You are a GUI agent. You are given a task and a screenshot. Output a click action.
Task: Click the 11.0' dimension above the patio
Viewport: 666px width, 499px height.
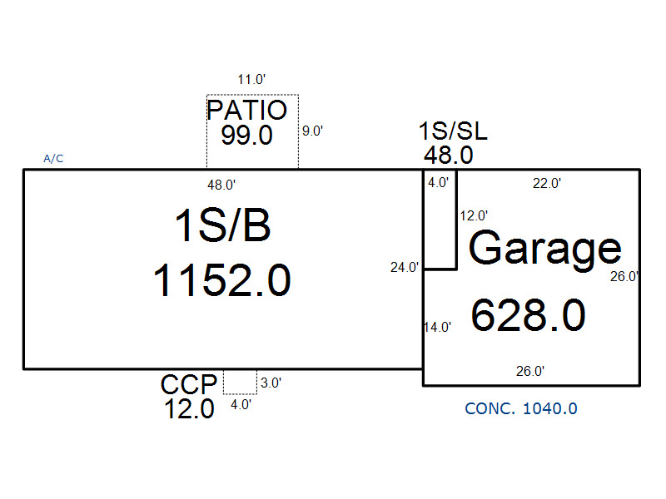tap(251, 79)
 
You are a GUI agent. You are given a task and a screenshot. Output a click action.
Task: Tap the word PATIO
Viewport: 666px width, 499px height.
tap(246, 111)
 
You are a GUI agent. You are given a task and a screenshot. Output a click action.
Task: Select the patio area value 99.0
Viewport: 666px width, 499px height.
tap(246, 136)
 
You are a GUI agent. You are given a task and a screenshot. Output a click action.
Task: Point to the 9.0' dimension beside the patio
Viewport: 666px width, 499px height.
tap(313, 131)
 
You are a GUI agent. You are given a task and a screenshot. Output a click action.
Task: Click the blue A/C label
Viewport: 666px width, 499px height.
tap(53, 159)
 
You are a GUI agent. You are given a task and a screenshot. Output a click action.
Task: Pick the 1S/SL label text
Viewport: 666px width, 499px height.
tap(453, 131)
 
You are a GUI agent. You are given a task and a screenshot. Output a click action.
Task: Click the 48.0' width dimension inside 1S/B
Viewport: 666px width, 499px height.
tap(221, 185)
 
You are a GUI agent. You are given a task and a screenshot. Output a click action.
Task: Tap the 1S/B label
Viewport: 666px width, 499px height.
tap(222, 225)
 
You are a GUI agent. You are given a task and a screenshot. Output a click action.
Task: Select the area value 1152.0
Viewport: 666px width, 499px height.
tap(222, 280)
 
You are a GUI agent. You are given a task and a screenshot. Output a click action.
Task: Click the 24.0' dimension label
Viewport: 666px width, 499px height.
tap(405, 267)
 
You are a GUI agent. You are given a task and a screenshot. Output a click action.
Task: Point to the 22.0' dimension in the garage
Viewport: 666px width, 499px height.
tap(547, 183)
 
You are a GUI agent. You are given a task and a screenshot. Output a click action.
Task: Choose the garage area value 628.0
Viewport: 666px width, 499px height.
tap(529, 315)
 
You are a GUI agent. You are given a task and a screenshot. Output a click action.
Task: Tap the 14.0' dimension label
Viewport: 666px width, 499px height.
tap(438, 327)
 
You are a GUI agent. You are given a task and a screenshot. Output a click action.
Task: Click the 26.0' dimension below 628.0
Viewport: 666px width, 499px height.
tap(530, 371)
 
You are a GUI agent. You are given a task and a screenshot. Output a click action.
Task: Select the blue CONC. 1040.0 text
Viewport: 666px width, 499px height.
tap(521, 408)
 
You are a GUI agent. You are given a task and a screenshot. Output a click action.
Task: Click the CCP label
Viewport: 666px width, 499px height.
tap(189, 385)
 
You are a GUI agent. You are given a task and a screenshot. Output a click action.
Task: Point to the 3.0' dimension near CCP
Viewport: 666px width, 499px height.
tap(271, 383)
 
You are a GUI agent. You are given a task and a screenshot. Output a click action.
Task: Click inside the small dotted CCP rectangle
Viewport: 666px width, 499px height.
tap(240, 382)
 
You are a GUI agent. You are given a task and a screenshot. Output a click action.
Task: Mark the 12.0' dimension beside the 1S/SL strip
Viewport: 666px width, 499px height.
tap(474, 216)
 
